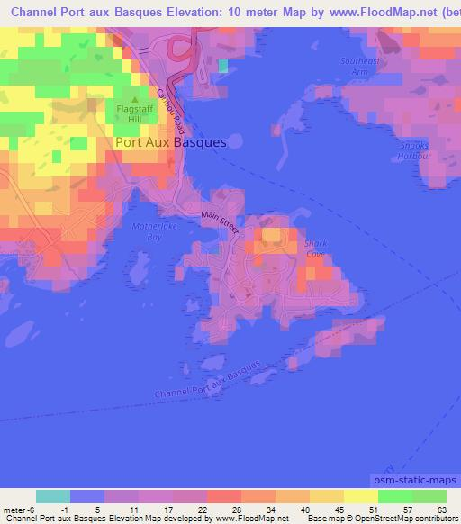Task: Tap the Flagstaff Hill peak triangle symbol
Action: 135,99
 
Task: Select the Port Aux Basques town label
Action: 170,142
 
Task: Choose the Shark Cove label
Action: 315,248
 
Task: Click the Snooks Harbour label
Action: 415,150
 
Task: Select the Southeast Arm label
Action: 355,66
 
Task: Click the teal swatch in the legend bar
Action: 53,496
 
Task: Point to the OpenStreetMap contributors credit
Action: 401,519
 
